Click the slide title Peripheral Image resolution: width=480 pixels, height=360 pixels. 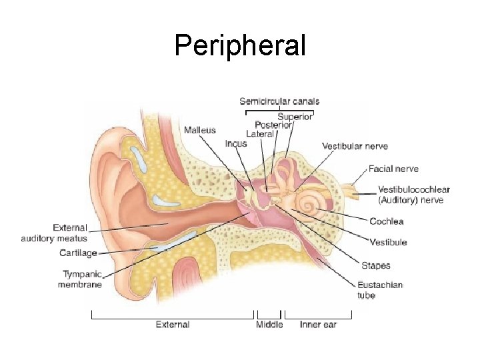(240, 45)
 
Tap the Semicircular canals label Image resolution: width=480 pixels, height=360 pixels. (279, 101)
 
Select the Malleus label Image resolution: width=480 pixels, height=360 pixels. (200, 130)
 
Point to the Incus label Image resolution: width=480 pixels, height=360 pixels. (236, 143)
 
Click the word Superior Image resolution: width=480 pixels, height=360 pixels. (295, 117)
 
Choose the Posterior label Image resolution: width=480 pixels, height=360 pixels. (273, 125)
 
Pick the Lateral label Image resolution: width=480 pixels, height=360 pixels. (260, 134)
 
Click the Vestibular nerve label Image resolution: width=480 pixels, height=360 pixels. (355, 146)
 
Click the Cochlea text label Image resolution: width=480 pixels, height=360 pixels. (387, 221)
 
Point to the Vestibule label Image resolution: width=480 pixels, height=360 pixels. (388, 243)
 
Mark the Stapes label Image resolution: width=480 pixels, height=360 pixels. (376, 266)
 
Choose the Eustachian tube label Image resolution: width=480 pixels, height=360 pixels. (380, 290)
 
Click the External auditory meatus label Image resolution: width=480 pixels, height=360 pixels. (54, 233)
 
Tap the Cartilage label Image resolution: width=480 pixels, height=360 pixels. (78, 253)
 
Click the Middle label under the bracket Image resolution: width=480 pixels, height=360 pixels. (269, 325)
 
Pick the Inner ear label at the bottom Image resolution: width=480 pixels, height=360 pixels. (318, 325)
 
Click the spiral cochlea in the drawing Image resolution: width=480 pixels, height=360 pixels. (308, 205)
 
